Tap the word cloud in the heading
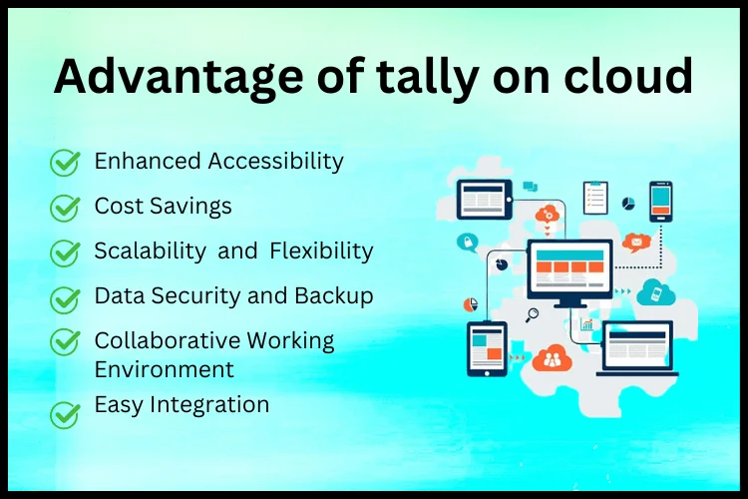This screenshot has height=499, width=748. point(627,75)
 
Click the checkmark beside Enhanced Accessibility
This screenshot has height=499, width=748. point(65,163)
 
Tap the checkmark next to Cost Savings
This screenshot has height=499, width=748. point(65,208)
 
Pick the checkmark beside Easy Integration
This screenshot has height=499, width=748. point(65,414)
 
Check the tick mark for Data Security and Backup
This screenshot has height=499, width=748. point(65,299)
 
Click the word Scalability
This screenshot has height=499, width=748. point(150,251)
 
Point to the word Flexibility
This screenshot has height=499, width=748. point(321,251)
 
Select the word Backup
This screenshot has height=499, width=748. point(333,296)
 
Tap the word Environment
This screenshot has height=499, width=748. point(165,369)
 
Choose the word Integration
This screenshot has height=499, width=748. point(209,405)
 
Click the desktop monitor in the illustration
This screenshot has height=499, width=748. point(569,273)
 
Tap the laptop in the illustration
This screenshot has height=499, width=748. point(637,348)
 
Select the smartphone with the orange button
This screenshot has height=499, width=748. point(660,202)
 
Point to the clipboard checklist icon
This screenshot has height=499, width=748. point(595,198)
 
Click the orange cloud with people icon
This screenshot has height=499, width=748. point(552,357)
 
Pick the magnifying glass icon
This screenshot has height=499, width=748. point(532,315)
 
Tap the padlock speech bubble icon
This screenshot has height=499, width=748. point(468,243)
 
